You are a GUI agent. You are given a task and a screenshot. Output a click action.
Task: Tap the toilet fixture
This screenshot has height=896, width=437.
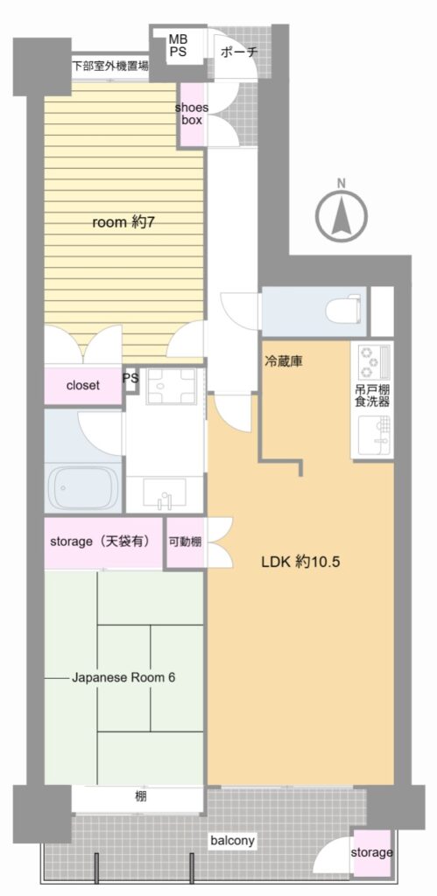click(343, 311)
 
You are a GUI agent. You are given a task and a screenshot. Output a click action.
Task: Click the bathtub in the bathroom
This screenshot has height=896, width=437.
click(84, 486)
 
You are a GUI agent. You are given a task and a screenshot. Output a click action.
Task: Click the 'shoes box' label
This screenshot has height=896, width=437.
click(192, 114)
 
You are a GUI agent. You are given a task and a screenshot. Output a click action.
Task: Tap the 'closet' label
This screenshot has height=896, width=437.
click(83, 385)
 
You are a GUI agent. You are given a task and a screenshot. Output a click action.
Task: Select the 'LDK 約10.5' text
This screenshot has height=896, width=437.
click(301, 562)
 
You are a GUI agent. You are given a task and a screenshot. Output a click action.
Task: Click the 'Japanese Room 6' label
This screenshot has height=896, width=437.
click(123, 678)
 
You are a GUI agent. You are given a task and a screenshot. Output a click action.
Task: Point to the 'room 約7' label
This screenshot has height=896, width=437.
click(123, 223)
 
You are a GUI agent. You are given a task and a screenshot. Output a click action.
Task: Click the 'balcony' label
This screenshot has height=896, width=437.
click(232, 841)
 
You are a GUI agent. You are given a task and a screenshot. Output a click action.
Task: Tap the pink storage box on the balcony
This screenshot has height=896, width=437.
click(372, 852)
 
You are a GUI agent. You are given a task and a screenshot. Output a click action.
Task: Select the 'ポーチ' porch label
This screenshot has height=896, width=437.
click(239, 52)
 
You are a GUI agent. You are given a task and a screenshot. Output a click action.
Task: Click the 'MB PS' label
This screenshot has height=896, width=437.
click(177, 45)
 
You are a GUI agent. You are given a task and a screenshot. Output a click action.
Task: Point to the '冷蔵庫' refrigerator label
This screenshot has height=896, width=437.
click(283, 361)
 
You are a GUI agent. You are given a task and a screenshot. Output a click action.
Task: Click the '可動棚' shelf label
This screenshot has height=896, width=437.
click(185, 542)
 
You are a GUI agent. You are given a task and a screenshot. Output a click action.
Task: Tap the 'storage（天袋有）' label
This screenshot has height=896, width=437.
click(100, 541)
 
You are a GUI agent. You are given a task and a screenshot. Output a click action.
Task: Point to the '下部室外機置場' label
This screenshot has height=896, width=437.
click(109, 66)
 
